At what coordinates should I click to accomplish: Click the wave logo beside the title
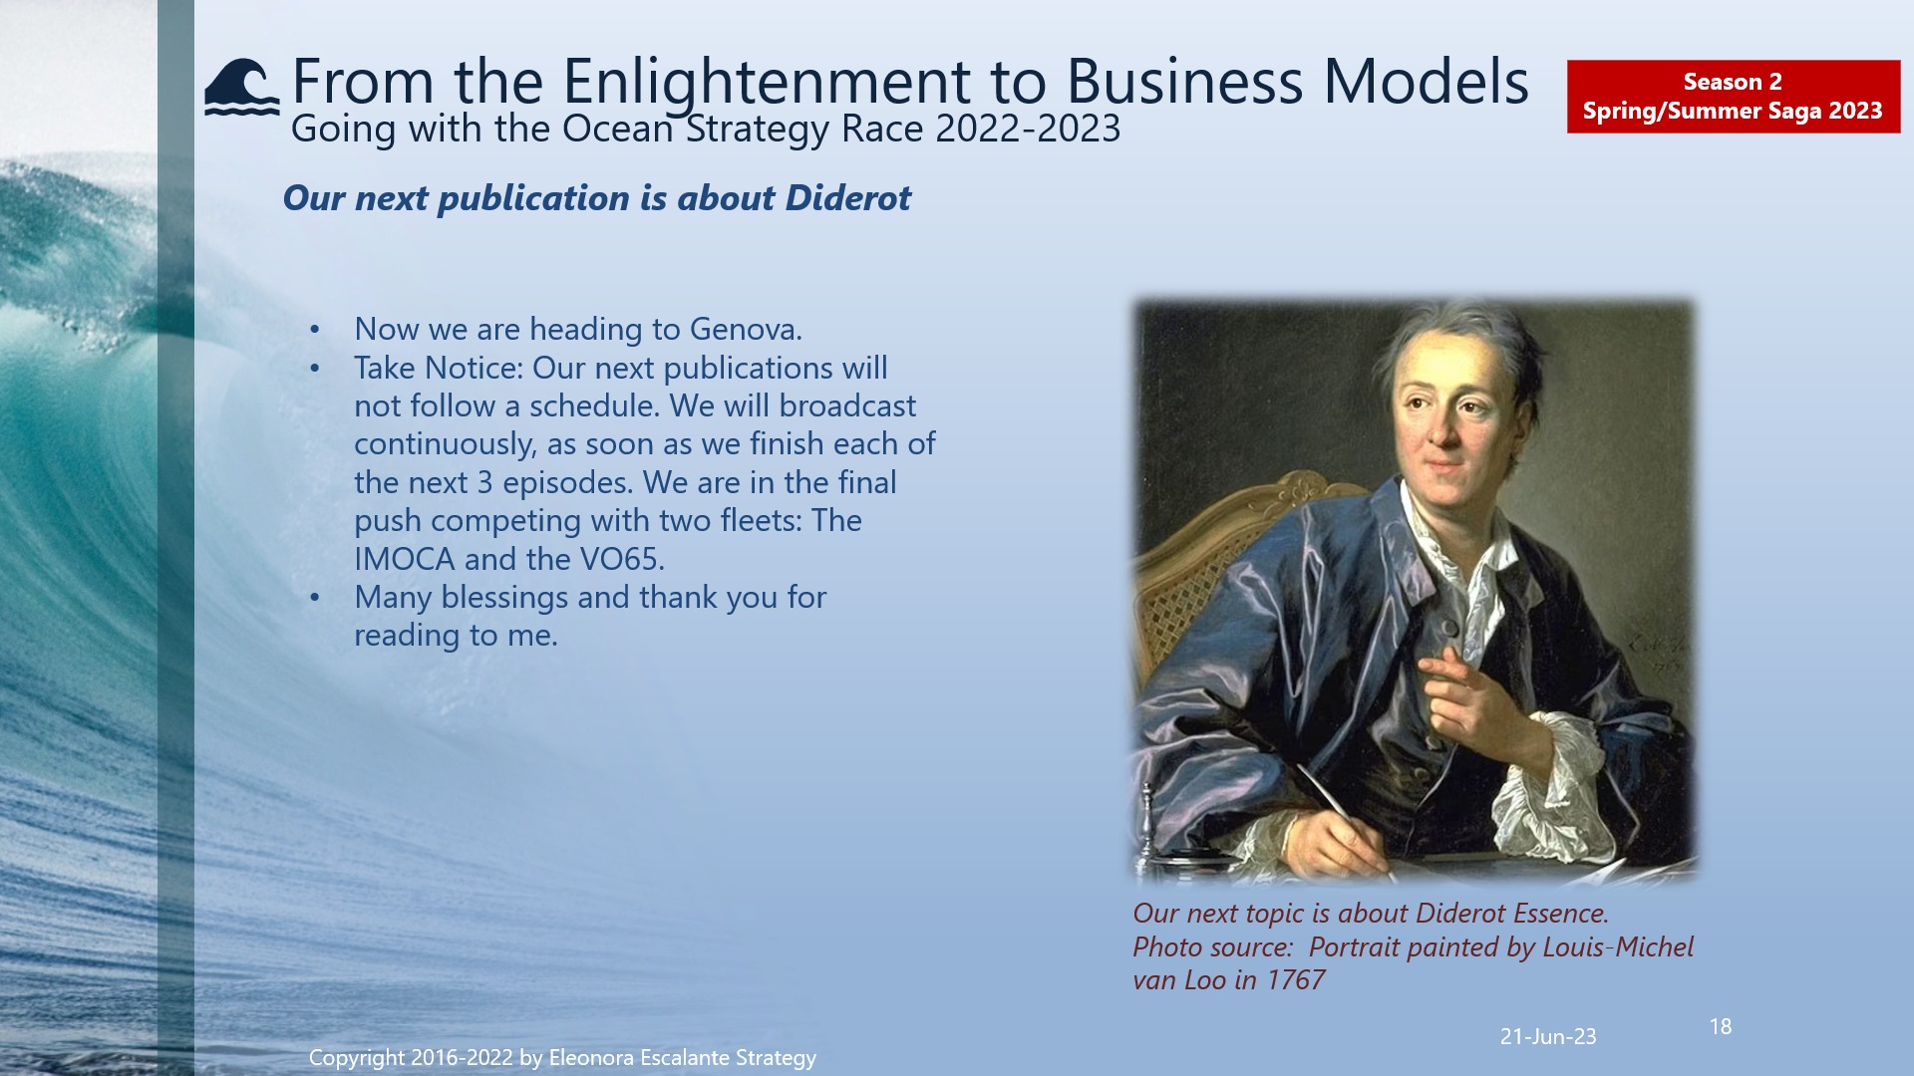click(241, 88)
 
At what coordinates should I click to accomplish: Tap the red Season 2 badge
click(1733, 97)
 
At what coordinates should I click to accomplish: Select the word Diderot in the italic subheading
click(847, 198)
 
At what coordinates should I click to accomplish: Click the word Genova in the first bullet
click(745, 329)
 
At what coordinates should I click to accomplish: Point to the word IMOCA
click(405, 559)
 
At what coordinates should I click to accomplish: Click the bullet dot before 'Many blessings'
click(315, 598)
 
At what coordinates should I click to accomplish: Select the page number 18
click(1721, 1026)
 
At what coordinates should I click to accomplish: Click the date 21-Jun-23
click(1548, 1036)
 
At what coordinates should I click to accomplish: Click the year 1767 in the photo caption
click(1295, 980)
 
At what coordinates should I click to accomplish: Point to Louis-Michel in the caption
click(1617, 946)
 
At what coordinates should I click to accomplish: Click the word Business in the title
click(1184, 82)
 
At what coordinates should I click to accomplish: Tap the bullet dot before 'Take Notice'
click(315, 369)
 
